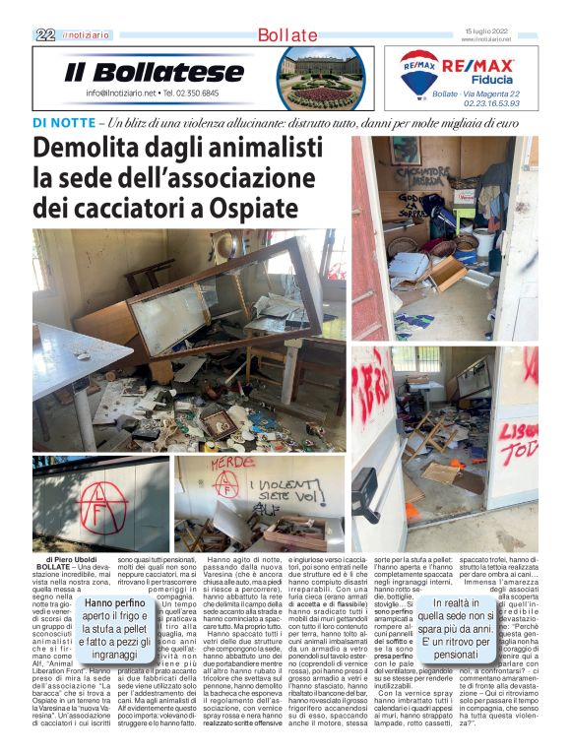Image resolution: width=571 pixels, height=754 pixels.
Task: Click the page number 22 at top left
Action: [x=45, y=34]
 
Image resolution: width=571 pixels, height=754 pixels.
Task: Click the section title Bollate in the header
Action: [x=286, y=35]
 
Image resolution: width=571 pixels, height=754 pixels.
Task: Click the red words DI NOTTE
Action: [x=64, y=123]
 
